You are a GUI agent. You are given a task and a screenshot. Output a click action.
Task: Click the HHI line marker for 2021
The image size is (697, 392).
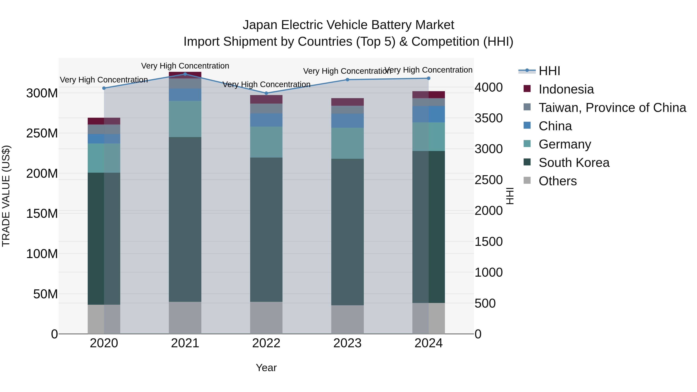pyautogui.click(x=185, y=74)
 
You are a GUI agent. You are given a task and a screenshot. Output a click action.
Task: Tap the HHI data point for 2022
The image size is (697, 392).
pyautogui.click(x=266, y=93)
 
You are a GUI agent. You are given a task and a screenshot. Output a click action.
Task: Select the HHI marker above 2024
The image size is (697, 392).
pyautogui.click(x=429, y=78)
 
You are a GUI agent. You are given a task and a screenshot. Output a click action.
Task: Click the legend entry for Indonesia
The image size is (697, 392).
pyautogui.click(x=566, y=89)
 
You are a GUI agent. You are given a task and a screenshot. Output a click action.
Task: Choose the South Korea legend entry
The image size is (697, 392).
pyautogui.click(x=574, y=163)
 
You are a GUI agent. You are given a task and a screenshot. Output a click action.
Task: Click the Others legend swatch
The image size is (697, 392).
pyautogui.click(x=527, y=180)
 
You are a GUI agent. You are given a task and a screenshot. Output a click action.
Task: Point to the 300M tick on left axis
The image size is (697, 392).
pyautogui.click(x=42, y=93)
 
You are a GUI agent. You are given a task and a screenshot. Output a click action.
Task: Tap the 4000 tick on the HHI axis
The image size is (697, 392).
pyautogui.click(x=489, y=87)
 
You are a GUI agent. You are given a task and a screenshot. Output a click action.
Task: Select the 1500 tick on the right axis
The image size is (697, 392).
pyautogui.click(x=489, y=242)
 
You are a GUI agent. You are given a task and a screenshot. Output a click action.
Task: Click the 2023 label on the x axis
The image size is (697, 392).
pyautogui.click(x=347, y=343)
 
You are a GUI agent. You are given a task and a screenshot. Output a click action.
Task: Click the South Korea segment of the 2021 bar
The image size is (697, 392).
pyautogui.click(x=185, y=219)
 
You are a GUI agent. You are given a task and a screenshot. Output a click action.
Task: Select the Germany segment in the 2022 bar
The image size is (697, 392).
pyautogui.click(x=266, y=142)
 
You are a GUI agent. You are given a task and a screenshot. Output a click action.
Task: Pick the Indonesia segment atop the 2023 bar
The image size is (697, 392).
pyautogui.click(x=347, y=102)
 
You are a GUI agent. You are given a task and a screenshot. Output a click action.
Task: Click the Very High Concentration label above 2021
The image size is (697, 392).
pyautogui.click(x=185, y=66)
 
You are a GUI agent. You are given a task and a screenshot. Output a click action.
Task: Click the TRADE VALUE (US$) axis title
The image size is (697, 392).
pyautogui.click(x=6, y=196)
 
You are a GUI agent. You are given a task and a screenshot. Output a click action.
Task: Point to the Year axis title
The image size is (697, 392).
pyautogui.click(x=266, y=368)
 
